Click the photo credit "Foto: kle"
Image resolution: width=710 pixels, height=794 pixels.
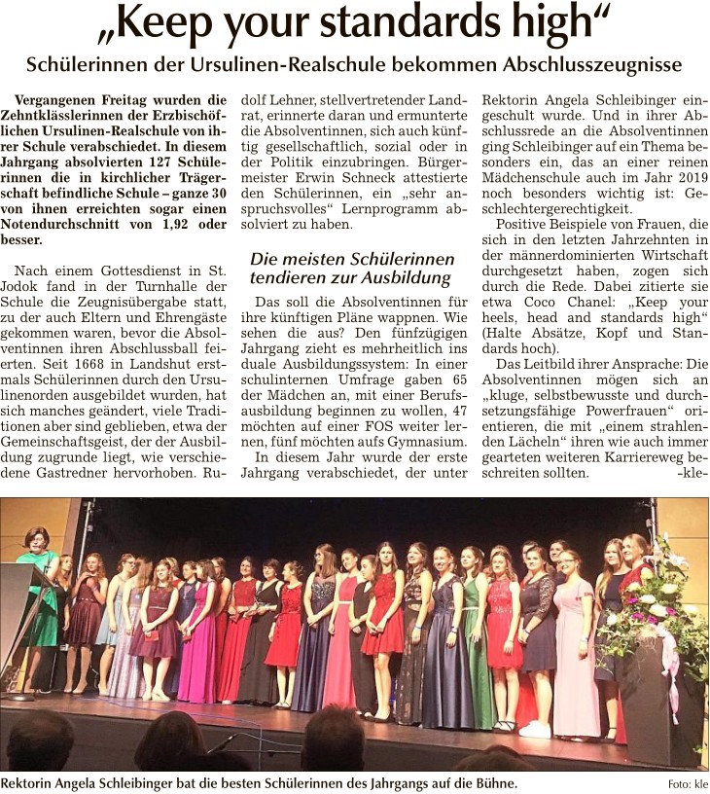click(687, 784)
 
